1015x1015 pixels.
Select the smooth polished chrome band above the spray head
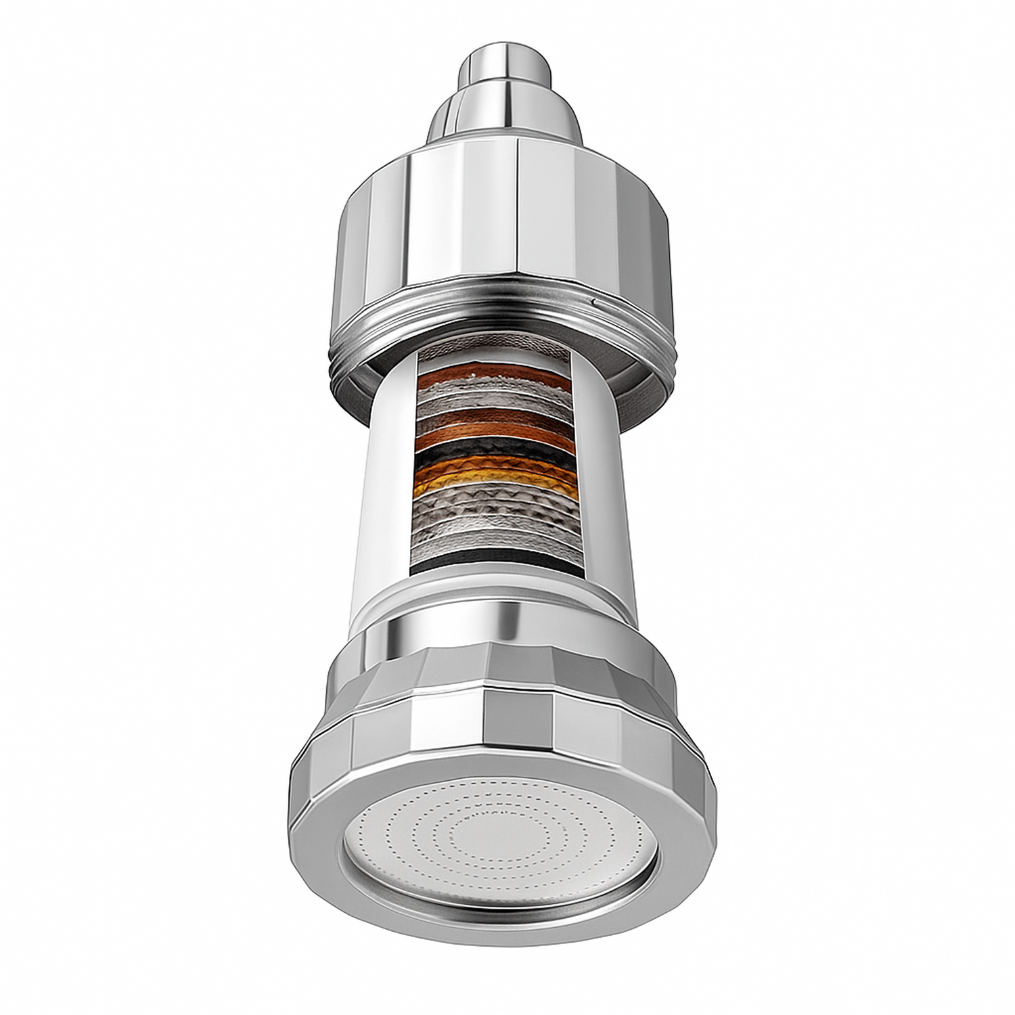click(x=501, y=629)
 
